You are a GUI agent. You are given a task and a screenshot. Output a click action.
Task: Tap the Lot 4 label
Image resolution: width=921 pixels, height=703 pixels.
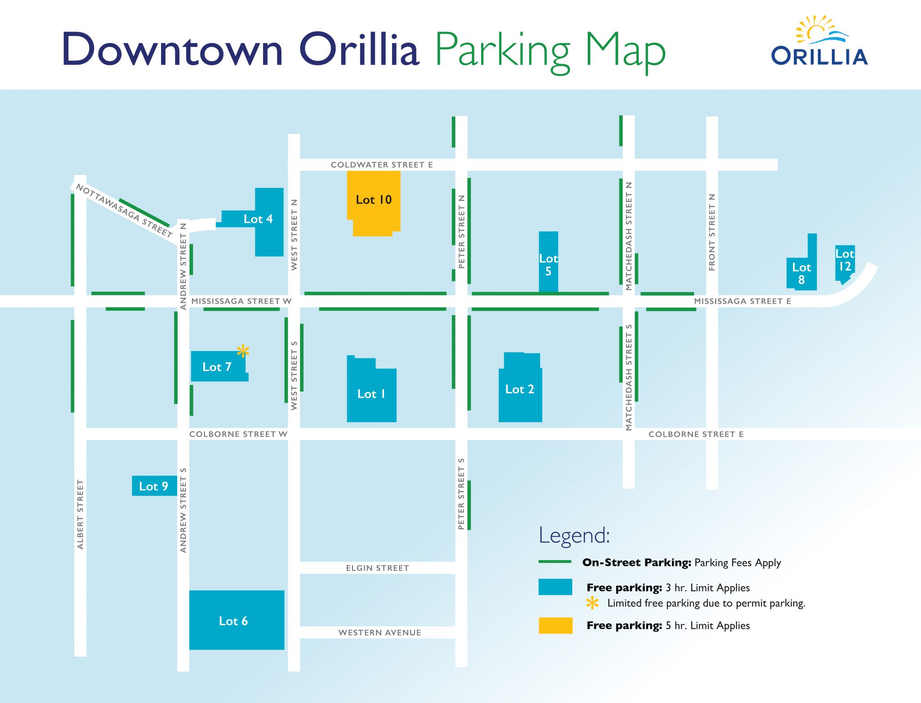[258, 219]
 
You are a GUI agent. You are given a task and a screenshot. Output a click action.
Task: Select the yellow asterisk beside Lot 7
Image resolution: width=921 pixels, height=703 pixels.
[243, 351]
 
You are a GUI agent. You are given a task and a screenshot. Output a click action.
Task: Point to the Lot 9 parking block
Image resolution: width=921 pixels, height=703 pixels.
[154, 486]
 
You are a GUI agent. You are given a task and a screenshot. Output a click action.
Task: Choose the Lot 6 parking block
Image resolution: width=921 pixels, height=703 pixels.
[237, 620]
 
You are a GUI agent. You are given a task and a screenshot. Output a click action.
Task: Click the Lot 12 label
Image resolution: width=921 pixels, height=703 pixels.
[845, 260]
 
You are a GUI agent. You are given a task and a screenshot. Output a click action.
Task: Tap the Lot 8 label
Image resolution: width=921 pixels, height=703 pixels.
[801, 273]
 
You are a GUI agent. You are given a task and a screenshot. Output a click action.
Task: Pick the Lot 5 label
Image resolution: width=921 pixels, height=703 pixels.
[548, 265]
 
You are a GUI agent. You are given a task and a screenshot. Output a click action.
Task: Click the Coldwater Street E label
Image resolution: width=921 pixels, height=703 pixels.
[382, 165]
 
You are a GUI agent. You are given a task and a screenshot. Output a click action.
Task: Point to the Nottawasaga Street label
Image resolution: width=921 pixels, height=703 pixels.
[124, 210]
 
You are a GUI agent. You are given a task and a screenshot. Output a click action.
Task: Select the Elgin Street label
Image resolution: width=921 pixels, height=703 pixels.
[377, 568]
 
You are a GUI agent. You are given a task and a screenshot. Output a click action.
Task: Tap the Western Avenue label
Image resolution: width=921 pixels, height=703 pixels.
[380, 632]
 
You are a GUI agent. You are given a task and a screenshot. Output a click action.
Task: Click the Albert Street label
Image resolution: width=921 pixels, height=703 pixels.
[80, 514]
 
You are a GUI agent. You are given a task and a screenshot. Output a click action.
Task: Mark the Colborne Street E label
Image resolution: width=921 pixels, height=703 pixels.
[696, 434]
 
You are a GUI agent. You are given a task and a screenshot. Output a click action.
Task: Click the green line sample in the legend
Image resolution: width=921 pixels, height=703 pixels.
[555, 562]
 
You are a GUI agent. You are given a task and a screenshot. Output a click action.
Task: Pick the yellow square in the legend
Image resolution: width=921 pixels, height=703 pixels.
[555, 625]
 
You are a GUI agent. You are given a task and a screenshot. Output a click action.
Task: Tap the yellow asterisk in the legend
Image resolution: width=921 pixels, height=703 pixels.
[592, 603]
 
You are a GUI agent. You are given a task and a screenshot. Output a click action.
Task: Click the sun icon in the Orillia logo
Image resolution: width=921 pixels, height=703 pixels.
[815, 31]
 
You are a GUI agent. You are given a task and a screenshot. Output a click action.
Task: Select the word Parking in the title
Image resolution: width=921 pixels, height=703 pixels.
[503, 51]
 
